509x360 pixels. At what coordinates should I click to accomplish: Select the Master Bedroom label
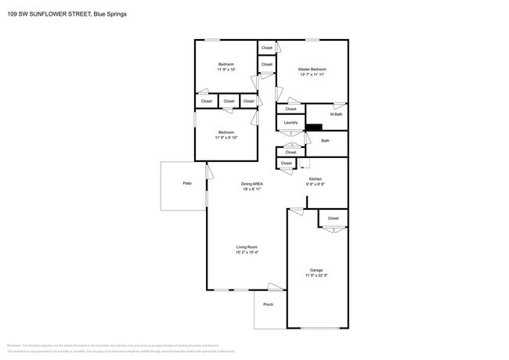tap(312, 70)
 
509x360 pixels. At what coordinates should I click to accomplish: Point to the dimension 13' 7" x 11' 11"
tap(312, 76)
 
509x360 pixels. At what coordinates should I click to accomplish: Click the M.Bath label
tap(336, 115)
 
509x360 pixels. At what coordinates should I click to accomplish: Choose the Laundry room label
tap(291, 123)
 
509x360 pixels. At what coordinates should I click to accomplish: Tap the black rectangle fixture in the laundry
tap(314, 129)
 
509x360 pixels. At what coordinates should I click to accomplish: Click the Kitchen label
tap(315, 179)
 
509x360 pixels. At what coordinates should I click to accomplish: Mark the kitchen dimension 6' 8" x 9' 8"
tap(315, 185)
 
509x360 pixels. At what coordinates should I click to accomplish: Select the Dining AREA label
tap(251, 184)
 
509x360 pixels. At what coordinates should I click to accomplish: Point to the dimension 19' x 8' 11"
tap(251, 189)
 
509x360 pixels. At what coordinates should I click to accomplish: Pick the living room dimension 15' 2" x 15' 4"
tap(247, 253)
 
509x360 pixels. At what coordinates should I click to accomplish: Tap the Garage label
tap(316, 270)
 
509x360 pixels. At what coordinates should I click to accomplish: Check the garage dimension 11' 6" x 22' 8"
tap(316, 275)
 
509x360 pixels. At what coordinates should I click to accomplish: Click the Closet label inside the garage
tap(333, 218)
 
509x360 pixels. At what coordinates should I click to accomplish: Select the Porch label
tap(268, 304)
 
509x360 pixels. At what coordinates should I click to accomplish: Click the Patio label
tap(187, 183)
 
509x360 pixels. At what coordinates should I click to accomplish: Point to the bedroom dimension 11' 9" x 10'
tap(226, 70)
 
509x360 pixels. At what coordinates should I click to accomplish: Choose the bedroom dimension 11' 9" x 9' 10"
tap(226, 138)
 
